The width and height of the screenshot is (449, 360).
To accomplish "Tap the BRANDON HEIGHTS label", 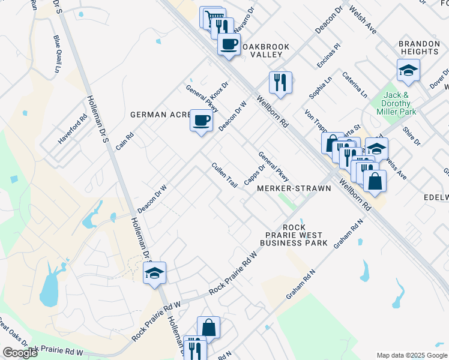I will click(x=420, y=48).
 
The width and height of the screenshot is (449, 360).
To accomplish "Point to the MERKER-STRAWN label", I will click(x=294, y=188).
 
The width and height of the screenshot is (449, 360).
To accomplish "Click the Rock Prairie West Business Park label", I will click(x=294, y=235).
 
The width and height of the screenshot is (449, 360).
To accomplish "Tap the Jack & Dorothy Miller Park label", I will click(x=396, y=103).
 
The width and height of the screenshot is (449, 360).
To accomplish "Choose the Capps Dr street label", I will click(x=255, y=175).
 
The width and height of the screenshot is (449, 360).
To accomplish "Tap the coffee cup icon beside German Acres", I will click(x=201, y=121).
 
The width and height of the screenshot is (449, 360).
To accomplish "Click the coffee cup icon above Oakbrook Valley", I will click(x=228, y=44).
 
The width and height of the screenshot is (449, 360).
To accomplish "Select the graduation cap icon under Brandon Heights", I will click(x=408, y=70).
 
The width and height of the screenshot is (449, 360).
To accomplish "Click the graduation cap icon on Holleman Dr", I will click(x=154, y=273).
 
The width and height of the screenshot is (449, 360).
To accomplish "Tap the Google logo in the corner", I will click(x=20, y=353).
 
